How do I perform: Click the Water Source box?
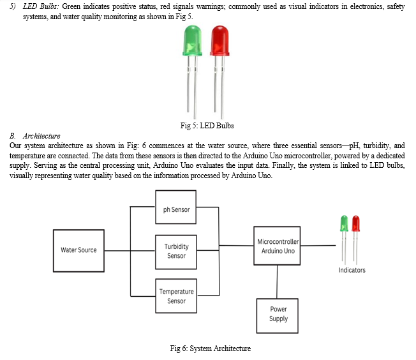[78, 251]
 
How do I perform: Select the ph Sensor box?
[176, 207]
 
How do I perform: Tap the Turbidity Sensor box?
[176, 252]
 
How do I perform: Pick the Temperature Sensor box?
[176, 296]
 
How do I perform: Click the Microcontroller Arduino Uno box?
[277, 246]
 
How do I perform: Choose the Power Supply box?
[278, 316]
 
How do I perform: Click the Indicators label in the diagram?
[352, 270]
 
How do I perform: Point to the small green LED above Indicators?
[344, 239]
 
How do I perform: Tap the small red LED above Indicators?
[356, 239]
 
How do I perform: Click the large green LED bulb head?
[192, 40]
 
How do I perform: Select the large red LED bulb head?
[219, 40]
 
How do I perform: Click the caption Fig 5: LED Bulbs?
[207, 126]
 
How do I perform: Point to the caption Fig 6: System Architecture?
[211, 348]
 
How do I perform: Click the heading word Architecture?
[41, 136]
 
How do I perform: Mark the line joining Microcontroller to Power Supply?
[278, 281]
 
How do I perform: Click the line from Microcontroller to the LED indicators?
[318, 246]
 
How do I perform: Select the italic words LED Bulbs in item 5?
[41, 6]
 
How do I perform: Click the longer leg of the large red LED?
[222, 87]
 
